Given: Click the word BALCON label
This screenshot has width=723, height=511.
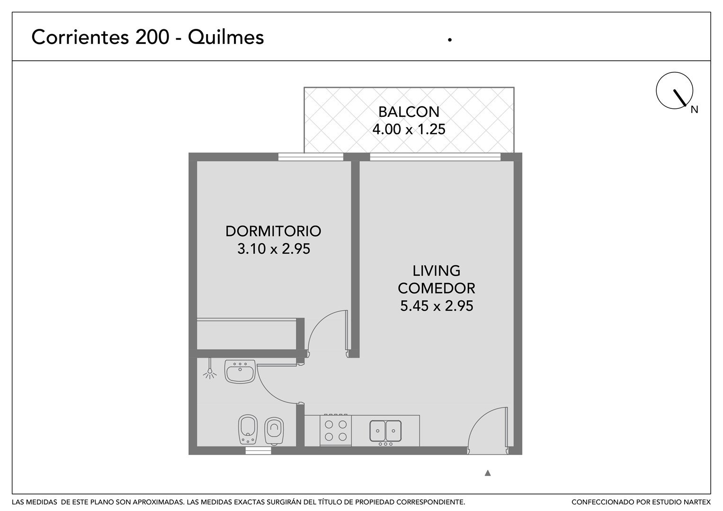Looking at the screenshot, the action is pos(409,112).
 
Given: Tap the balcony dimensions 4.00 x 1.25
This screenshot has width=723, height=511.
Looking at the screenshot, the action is pos(409,129).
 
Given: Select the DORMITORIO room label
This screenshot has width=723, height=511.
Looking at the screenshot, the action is pos(273,231).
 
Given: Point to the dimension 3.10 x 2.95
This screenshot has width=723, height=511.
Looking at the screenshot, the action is pos(274,249).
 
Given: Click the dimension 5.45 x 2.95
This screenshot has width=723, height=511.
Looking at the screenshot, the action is pos(437,306).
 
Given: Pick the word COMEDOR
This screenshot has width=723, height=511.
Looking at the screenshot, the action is pos(437,289).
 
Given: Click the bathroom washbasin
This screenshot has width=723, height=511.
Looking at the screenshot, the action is pos(240,371).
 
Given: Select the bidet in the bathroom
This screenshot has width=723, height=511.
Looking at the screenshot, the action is pos(248,430).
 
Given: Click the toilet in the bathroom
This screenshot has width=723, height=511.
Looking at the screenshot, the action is pos(274,432).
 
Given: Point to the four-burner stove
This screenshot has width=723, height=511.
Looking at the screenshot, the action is pos(336,431).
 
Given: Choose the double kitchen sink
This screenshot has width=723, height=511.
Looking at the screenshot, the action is pos(385,431).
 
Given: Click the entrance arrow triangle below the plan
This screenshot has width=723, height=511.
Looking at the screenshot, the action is pos(488,473).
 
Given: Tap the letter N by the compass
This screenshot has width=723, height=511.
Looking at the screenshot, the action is pos(694,110).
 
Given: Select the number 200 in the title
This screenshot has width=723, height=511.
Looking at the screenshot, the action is pos(152,37).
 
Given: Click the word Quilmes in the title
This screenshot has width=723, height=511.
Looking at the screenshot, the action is pos(226,37).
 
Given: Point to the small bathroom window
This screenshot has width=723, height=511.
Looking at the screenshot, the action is pos(258,450).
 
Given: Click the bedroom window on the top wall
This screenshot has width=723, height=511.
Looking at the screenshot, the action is pos(311,157).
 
